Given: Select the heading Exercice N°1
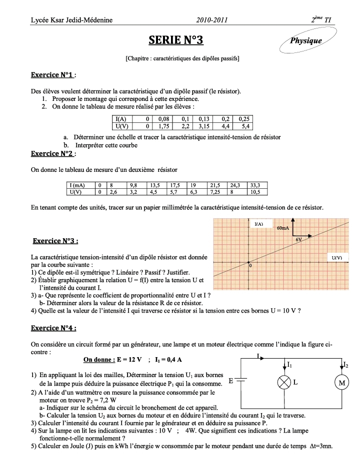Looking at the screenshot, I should tap(53, 75).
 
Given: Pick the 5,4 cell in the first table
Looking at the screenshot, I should tap(244, 126).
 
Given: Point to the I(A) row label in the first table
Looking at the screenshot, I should tap(121, 119).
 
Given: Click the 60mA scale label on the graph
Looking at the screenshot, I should tap(283, 228).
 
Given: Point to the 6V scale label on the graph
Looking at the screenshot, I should tap(299, 240).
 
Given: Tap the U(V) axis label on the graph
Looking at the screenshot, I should tap(337, 258).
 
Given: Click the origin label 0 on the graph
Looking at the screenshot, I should tap(251, 266).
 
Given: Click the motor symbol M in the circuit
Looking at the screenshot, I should tap(342, 383).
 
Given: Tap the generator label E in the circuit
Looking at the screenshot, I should tap(231, 381).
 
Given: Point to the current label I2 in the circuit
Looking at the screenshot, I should tap(346, 365).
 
